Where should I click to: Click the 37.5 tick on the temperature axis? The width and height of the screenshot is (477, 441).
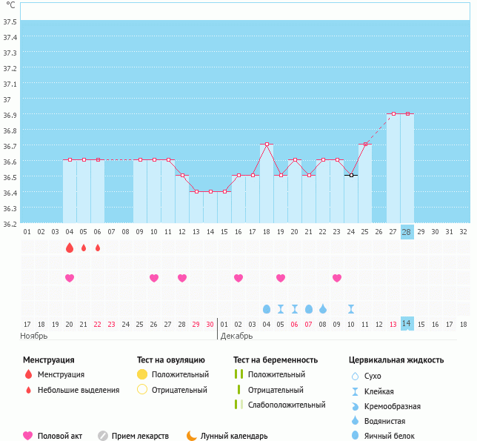[x=10, y=21]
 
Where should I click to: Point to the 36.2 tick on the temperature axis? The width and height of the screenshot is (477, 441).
[x=10, y=224]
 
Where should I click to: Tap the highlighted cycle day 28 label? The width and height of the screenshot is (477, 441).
[x=407, y=231]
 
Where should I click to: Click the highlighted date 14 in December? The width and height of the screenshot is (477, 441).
[x=407, y=324]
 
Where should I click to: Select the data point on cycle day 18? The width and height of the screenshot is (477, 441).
[x=267, y=144]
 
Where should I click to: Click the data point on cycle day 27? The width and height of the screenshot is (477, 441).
[x=393, y=113]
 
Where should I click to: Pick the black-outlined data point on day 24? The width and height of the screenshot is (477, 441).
[x=351, y=175]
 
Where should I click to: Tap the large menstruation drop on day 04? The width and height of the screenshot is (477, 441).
[x=70, y=248]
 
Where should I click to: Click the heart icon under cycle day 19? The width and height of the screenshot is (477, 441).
[x=281, y=278]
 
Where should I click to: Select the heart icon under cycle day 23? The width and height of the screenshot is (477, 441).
[x=337, y=278]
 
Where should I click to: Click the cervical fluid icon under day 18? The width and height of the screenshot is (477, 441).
[x=267, y=308]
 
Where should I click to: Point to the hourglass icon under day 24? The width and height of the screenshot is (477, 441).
[x=351, y=308]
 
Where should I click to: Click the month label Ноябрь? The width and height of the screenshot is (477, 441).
[x=34, y=336]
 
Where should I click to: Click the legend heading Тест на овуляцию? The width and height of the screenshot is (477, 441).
[x=172, y=359]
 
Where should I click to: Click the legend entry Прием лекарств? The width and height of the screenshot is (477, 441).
[x=140, y=436]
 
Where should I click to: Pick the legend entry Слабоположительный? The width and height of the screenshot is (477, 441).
[x=287, y=405]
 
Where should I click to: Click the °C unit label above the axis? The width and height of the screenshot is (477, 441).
[x=10, y=5]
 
